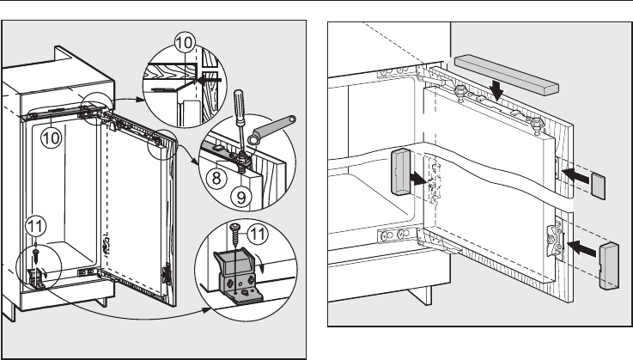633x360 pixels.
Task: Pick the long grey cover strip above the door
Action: [x=506, y=73]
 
